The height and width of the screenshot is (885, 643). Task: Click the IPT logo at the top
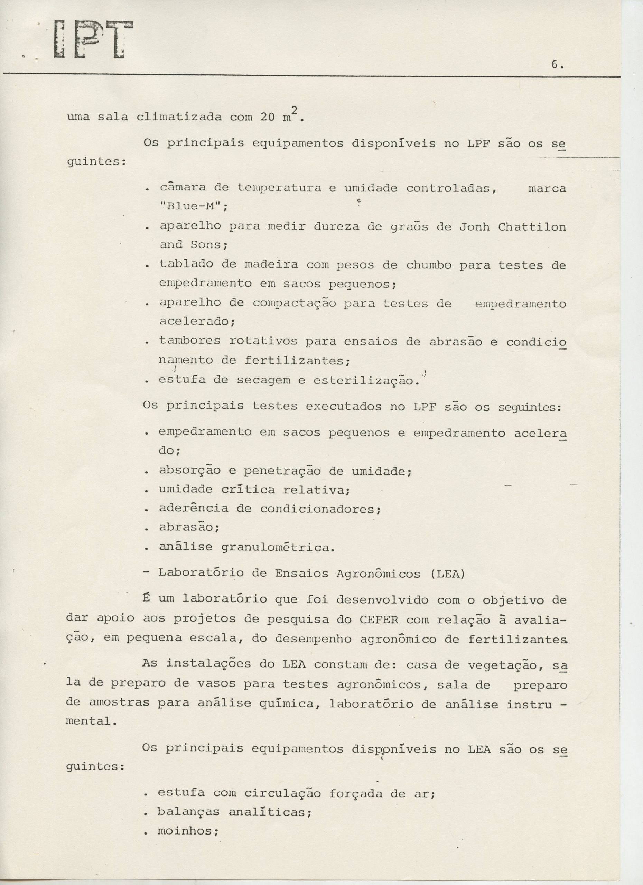point(94,40)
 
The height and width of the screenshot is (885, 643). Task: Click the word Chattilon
point(532,227)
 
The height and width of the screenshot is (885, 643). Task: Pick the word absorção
point(190,471)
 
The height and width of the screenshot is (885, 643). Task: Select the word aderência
point(194,508)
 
